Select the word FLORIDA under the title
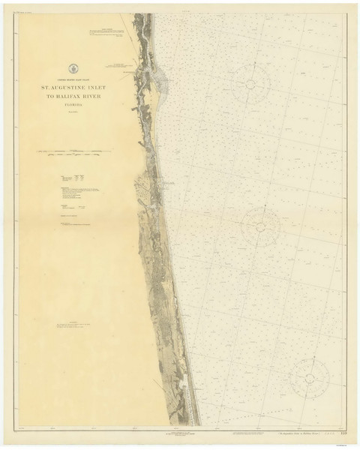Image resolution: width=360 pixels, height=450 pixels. [73, 106]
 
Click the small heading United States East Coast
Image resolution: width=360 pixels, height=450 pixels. [73, 79]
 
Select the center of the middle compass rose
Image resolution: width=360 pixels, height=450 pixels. [261, 223]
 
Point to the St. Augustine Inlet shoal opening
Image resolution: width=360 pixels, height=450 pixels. [161, 77]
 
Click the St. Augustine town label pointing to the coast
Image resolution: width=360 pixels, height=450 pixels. [120, 65]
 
